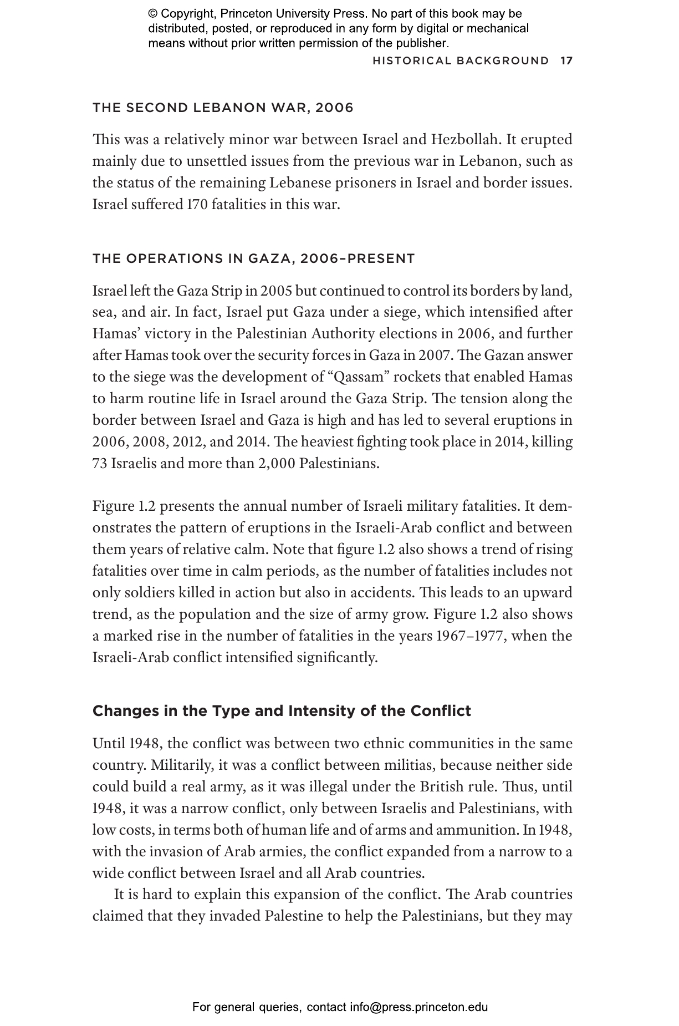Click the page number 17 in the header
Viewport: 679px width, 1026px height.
(566, 60)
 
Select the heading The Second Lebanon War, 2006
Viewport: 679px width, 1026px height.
(223, 108)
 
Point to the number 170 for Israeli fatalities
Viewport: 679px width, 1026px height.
(197, 205)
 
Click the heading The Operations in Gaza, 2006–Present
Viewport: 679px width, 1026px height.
(253, 258)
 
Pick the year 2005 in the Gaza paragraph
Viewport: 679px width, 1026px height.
(276, 291)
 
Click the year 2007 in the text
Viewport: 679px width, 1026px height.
(435, 355)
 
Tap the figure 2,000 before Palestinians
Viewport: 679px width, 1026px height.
(276, 464)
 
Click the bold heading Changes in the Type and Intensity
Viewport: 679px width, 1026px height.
(282, 711)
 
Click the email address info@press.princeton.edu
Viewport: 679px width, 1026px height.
(418, 1007)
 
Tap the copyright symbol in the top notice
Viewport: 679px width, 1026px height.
(153, 14)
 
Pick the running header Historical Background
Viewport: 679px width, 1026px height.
(461, 60)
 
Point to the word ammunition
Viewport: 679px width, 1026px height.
(477, 830)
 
